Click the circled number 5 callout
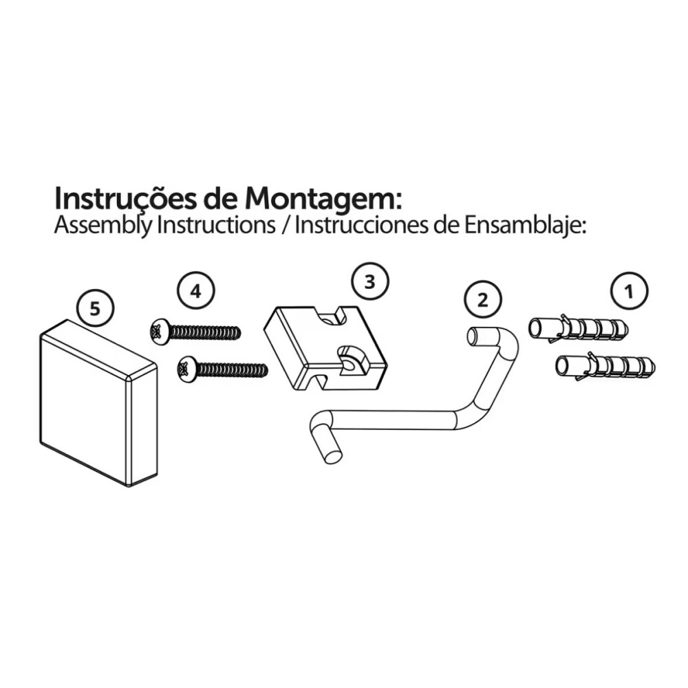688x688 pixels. click(x=95, y=310)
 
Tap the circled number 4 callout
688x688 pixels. click(x=195, y=291)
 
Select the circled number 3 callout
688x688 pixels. click(x=370, y=282)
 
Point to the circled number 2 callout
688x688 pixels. click(x=482, y=301)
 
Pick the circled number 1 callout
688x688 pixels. click(x=630, y=291)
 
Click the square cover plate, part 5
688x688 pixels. click(x=98, y=403)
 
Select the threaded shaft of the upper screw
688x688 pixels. click(x=204, y=332)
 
